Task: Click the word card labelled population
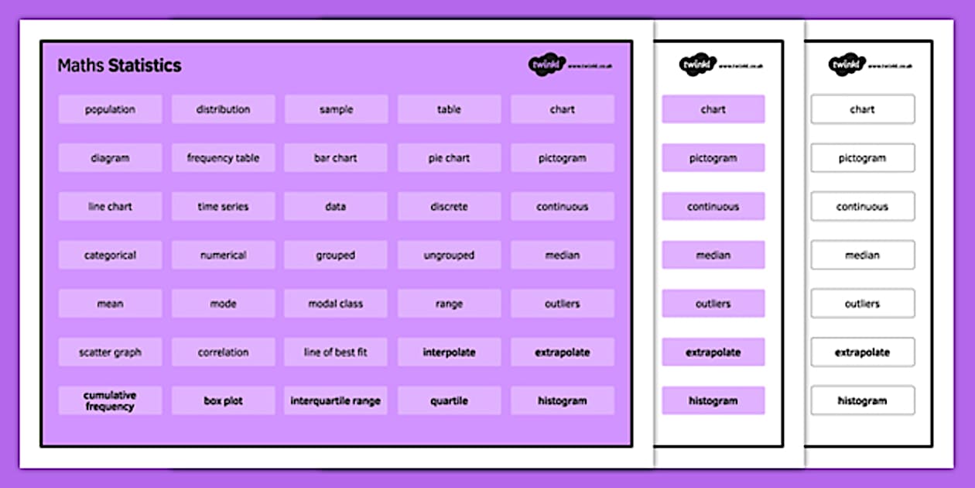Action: [x=110, y=109]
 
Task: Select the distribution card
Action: [x=223, y=109]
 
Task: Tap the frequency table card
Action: [x=223, y=158]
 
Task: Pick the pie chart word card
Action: [x=449, y=158]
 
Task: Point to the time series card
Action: [x=223, y=207]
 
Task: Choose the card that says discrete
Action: [x=449, y=207]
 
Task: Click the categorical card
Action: [x=110, y=255]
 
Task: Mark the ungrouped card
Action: [x=449, y=255]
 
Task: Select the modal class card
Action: [x=336, y=304]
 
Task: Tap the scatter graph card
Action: [x=110, y=352]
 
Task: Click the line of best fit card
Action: [x=336, y=352]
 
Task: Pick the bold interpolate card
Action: [x=449, y=352]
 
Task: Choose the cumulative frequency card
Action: [x=110, y=400]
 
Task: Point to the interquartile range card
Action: [x=336, y=400]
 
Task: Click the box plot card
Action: [x=223, y=400]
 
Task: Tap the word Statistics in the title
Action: [x=145, y=66]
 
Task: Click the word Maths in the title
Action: [x=81, y=66]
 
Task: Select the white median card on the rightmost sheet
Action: [x=862, y=255]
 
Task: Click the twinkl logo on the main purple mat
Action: [x=547, y=65]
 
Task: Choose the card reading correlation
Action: [x=223, y=352]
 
